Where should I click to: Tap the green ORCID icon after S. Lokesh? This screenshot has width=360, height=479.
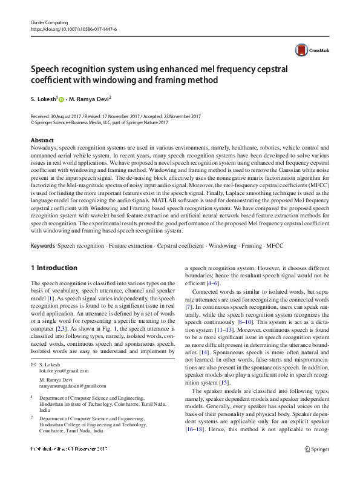coord(62,99)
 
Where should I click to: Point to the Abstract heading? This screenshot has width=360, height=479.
coord(42,140)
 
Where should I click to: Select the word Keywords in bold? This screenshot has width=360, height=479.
coord(42,246)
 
